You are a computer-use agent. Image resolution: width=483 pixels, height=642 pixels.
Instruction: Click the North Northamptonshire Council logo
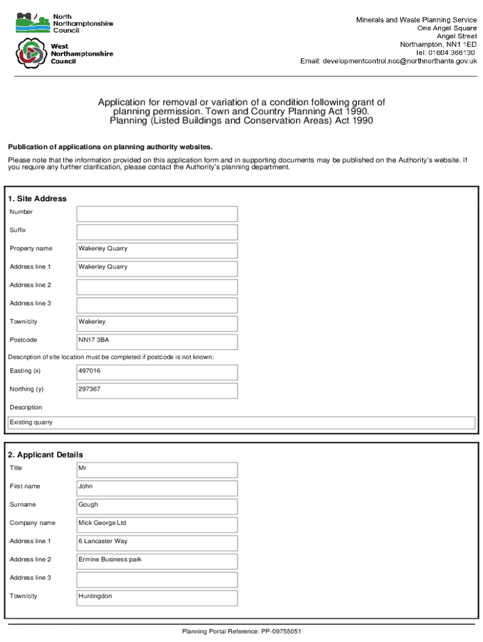[32, 24]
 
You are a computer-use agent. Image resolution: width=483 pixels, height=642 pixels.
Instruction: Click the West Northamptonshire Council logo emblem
[30, 54]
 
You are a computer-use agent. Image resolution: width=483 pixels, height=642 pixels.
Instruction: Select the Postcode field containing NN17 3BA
[157, 341]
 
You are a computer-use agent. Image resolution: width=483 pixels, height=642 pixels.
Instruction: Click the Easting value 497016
[157, 372]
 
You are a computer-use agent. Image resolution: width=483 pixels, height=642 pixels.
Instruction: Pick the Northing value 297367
[157, 390]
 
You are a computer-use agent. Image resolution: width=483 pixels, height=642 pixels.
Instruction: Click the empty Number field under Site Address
[157, 213]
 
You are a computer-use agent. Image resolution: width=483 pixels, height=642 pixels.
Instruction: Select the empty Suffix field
[157, 231]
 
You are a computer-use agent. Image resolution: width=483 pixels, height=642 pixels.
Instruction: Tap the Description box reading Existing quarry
[242, 423]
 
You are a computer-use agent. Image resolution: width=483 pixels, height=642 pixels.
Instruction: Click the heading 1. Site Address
[38, 199]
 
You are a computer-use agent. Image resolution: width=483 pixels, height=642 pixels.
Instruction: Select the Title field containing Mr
[157, 469]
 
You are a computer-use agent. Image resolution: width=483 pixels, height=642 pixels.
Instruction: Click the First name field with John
[157, 487]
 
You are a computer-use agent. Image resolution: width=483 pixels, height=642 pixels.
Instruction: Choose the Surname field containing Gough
[157, 505]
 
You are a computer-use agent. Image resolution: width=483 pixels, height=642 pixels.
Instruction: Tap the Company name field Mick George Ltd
[157, 524]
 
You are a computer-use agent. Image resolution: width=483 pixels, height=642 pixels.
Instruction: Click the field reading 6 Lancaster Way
[157, 542]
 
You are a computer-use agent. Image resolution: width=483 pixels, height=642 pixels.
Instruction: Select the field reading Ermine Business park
[157, 560]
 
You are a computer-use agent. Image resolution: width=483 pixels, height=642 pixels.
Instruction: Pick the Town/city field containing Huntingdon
[157, 597]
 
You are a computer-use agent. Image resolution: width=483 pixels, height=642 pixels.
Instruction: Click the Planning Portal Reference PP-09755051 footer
[242, 631]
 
